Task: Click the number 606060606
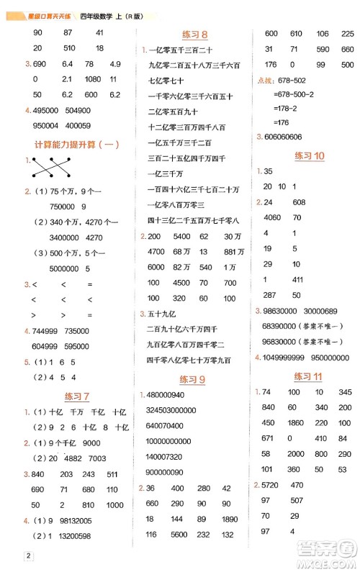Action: click(289, 137)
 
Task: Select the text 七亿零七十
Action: click(166, 80)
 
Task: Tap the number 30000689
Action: click(331, 310)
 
